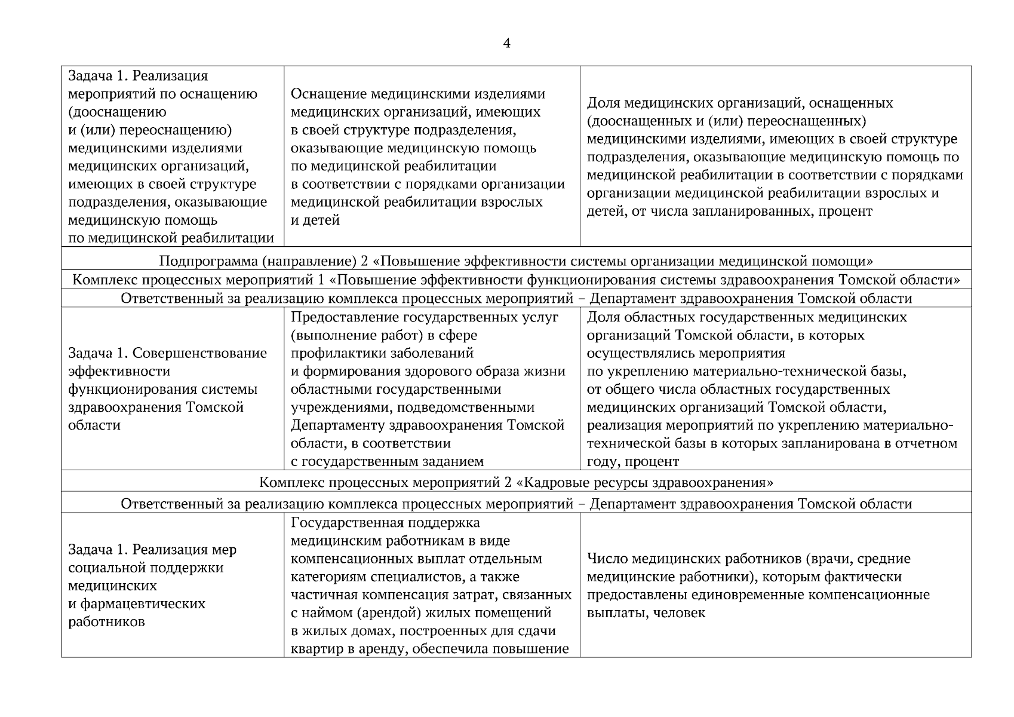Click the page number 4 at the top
506,44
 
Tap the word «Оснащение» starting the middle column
328,94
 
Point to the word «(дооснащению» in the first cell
118,112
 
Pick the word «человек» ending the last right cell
679,613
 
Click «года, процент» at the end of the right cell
633,462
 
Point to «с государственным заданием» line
387,462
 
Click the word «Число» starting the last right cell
607,559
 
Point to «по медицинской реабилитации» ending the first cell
171,238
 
